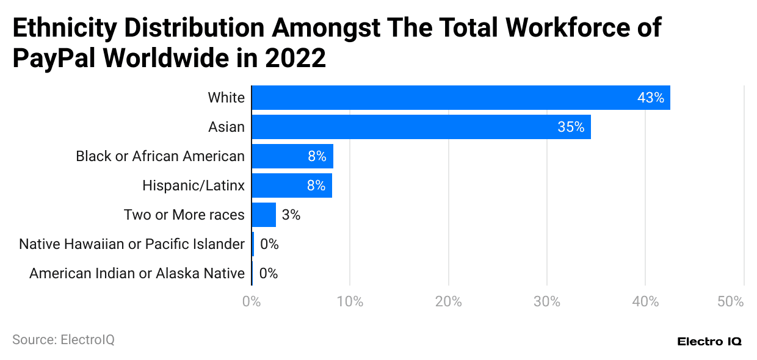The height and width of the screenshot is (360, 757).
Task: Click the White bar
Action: [x=461, y=98]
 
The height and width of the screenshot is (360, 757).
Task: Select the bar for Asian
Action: [x=421, y=127]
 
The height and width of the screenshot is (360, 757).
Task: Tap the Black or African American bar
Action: [x=292, y=156]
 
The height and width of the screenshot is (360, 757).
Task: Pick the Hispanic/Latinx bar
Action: [x=292, y=185]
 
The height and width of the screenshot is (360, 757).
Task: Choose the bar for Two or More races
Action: [x=264, y=215]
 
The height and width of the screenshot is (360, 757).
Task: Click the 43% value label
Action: [x=650, y=98]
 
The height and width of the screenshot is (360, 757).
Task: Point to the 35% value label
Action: [x=571, y=127]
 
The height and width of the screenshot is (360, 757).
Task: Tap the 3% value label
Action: [x=291, y=215]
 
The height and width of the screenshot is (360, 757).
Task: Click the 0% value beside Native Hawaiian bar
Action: [x=269, y=244]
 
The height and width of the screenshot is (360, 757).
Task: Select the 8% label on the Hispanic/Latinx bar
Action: [x=316, y=185]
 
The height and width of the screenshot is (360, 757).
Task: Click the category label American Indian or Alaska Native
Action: [x=137, y=273]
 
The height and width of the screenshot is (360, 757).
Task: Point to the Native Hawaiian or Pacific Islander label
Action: [x=132, y=244]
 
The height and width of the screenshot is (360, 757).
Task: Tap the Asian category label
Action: [x=226, y=127]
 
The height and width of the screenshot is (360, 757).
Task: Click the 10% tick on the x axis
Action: [x=350, y=301]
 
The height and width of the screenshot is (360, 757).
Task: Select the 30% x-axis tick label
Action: [x=547, y=301]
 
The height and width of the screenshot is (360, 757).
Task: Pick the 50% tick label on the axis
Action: [x=730, y=301]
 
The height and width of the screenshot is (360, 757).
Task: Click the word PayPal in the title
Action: [x=53, y=58]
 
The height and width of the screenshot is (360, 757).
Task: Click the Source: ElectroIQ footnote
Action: [x=63, y=340]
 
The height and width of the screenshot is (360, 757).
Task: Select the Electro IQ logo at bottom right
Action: [x=709, y=342]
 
